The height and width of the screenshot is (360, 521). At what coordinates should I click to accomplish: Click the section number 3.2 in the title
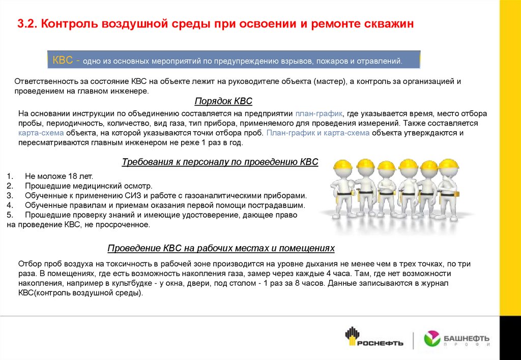pyautogui.click(x=26, y=24)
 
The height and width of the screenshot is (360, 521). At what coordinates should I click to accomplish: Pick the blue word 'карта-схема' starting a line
pyautogui.click(x=41, y=133)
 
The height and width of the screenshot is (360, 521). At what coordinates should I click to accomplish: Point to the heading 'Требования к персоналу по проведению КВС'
pyautogui.click(x=220, y=162)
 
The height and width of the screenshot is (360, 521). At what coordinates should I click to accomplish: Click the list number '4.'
pyautogui.click(x=10, y=205)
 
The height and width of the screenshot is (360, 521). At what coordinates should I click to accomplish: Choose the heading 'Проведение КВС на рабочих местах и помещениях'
pyautogui.click(x=221, y=248)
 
